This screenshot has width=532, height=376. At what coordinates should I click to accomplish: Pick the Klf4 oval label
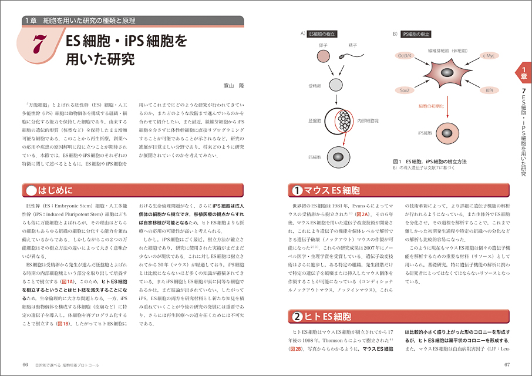(x=490, y=90)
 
